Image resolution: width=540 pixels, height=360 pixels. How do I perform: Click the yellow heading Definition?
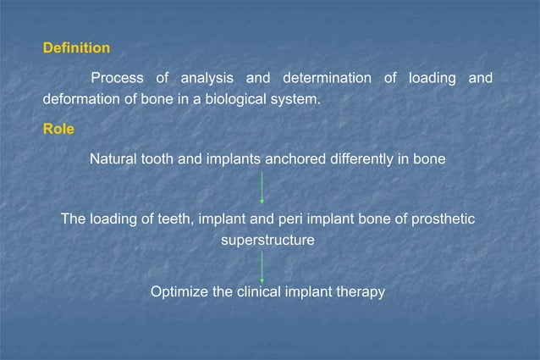pyautogui.click(x=76, y=48)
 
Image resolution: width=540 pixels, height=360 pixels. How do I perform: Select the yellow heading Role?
pyautogui.click(x=58, y=130)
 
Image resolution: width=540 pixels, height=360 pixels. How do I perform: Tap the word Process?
pyautogui.click(x=117, y=79)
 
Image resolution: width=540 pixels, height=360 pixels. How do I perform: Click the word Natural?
pyautogui.click(x=115, y=158)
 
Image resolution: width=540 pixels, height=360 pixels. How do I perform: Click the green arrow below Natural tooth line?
pyautogui.click(x=262, y=188)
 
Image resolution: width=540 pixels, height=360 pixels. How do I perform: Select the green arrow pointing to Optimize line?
pyautogui.click(x=262, y=267)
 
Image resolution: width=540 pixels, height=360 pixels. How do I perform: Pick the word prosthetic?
pyautogui.click(x=443, y=219)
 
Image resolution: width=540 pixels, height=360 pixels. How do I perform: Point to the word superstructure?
pyautogui.click(x=267, y=240)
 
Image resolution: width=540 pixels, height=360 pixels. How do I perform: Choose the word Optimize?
pyautogui.click(x=179, y=291)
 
